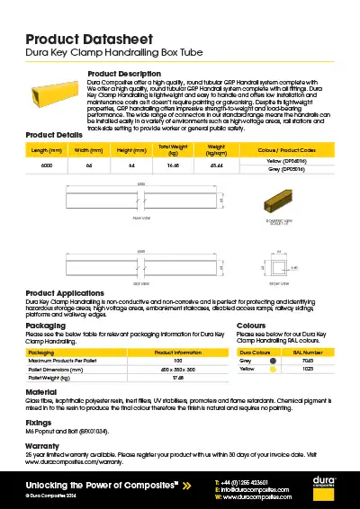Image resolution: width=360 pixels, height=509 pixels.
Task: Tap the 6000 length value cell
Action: pos(47,166)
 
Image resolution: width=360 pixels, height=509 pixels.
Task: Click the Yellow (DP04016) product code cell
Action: pos(286,163)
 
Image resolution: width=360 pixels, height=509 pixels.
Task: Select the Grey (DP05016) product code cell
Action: pos(286,170)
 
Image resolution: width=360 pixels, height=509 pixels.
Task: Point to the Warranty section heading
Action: pos(43,444)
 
